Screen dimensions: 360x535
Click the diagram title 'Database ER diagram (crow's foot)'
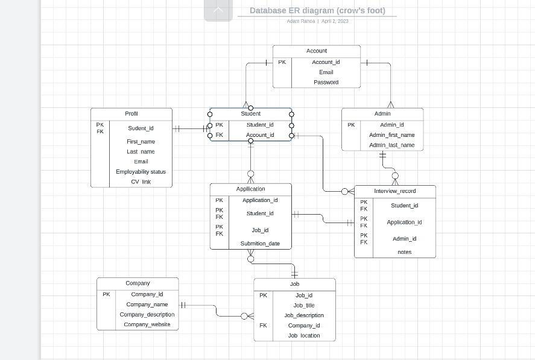317,10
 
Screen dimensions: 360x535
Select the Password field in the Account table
326,82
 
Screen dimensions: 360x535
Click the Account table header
316,51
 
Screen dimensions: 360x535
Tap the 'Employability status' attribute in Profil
141,172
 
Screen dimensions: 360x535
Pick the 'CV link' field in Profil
141,182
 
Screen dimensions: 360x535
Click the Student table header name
250,113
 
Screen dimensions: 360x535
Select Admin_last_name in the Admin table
391,145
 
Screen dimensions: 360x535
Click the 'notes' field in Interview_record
404,252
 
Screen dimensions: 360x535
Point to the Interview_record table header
394,191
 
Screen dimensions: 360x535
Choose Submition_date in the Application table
260,244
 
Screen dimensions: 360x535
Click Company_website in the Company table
147,324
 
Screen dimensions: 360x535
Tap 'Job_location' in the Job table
304,335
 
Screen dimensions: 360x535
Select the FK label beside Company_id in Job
264,326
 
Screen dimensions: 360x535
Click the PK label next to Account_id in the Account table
282,62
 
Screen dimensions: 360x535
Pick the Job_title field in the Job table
304,305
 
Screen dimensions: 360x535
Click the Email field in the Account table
326,72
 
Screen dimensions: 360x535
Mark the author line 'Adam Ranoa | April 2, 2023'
317,21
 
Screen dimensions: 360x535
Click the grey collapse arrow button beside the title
218,10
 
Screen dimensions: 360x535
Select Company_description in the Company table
147,314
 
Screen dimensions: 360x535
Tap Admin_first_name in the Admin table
391,135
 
